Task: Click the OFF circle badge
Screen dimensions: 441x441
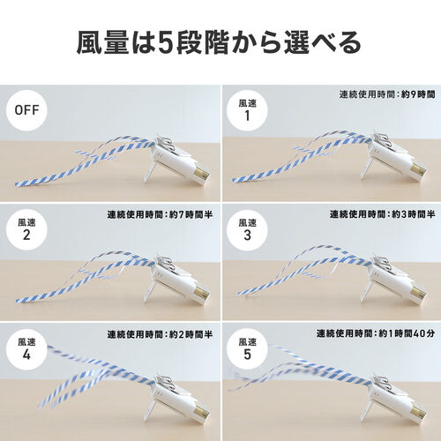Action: point(26,110)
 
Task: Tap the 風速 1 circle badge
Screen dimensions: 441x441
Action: point(247,110)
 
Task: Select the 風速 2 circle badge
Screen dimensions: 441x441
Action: point(26,230)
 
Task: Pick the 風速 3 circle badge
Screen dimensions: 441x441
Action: point(247,230)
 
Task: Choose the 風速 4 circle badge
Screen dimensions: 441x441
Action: point(26,349)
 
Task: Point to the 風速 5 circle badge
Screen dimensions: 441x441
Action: point(247,349)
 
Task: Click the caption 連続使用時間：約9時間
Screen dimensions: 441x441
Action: point(387,94)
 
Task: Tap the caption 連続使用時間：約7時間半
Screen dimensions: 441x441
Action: point(160,214)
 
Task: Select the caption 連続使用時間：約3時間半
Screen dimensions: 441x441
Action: point(382,214)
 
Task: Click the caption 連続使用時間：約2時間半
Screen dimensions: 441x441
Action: point(160,334)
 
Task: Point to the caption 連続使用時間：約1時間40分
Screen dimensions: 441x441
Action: point(376,333)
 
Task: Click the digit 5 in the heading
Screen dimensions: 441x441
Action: point(165,43)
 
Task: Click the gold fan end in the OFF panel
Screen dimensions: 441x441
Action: point(202,175)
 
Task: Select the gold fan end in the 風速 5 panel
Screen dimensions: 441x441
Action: point(419,414)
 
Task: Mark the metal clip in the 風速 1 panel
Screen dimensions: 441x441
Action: point(382,141)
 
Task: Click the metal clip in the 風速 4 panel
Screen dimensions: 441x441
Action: point(165,380)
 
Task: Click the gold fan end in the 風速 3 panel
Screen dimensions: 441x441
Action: point(419,294)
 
